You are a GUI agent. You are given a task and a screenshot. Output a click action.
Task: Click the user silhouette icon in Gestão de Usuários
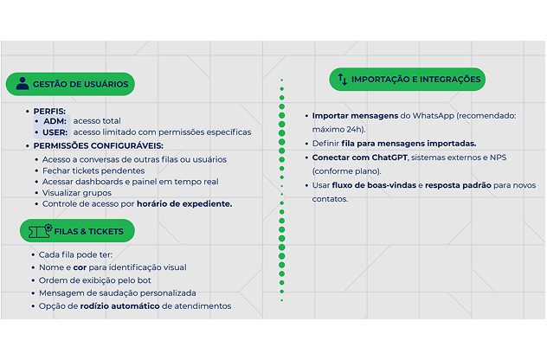23,83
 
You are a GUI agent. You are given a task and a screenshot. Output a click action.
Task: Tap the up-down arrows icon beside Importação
343,80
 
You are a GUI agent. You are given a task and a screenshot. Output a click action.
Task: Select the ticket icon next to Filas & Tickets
40,230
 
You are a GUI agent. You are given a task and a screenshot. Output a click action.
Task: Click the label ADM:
55,121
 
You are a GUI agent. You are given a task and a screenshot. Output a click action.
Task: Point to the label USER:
55,132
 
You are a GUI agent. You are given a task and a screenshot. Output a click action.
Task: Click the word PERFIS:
49,112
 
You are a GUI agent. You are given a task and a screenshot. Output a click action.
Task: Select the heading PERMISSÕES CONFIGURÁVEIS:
99,145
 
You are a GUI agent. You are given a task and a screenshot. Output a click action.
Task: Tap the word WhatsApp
434,116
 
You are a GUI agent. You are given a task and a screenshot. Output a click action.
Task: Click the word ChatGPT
389,157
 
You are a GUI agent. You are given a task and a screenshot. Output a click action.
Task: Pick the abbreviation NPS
499,157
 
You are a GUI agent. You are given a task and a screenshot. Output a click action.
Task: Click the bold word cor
80,267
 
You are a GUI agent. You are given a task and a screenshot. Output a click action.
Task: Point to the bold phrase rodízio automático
120,306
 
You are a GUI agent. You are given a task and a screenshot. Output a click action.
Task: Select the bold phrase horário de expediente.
184,204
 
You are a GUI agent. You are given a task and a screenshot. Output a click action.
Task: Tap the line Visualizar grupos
77,193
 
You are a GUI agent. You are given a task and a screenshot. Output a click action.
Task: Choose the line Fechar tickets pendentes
93,171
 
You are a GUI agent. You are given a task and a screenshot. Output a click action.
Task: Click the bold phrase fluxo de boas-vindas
374,185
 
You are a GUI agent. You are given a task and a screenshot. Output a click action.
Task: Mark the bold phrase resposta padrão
458,185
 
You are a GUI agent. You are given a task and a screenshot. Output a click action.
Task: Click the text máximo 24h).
338,130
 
